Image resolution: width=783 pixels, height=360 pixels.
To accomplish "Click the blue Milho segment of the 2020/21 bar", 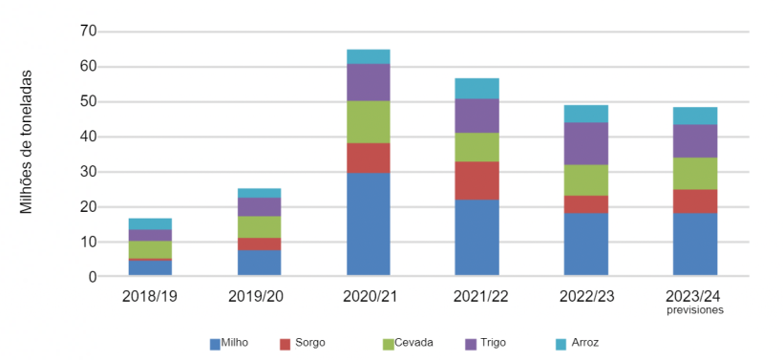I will tap(368, 224).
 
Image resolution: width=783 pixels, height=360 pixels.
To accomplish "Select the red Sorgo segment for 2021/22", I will tap(476, 180).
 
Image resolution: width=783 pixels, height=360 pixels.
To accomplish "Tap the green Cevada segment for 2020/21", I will tap(368, 121).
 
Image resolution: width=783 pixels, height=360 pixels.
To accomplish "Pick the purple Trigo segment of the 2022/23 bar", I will tap(585, 143).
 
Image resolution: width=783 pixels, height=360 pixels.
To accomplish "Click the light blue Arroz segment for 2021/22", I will tap(476, 88).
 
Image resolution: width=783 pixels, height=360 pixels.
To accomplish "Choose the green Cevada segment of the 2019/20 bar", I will tap(259, 226).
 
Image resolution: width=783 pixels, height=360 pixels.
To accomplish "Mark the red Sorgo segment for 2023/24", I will tap(694, 201).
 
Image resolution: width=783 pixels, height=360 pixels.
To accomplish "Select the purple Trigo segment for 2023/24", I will tap(694, 140).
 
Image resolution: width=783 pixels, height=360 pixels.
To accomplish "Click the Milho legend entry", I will tap(229, 342).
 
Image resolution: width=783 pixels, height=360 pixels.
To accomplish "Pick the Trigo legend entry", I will tap(487, 342).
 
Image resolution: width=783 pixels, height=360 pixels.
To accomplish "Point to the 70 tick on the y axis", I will tap(89, 32).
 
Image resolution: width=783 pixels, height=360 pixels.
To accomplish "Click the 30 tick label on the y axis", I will tap(89, 172).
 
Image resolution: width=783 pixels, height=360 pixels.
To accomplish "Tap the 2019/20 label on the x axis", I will tap(259, 296).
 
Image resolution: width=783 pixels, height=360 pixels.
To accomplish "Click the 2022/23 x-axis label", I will tap(585, 296).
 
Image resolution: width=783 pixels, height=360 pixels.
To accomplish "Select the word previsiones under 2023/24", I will tap(694, 310).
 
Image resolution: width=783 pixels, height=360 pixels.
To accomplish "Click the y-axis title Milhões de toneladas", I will tap(26, 140).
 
